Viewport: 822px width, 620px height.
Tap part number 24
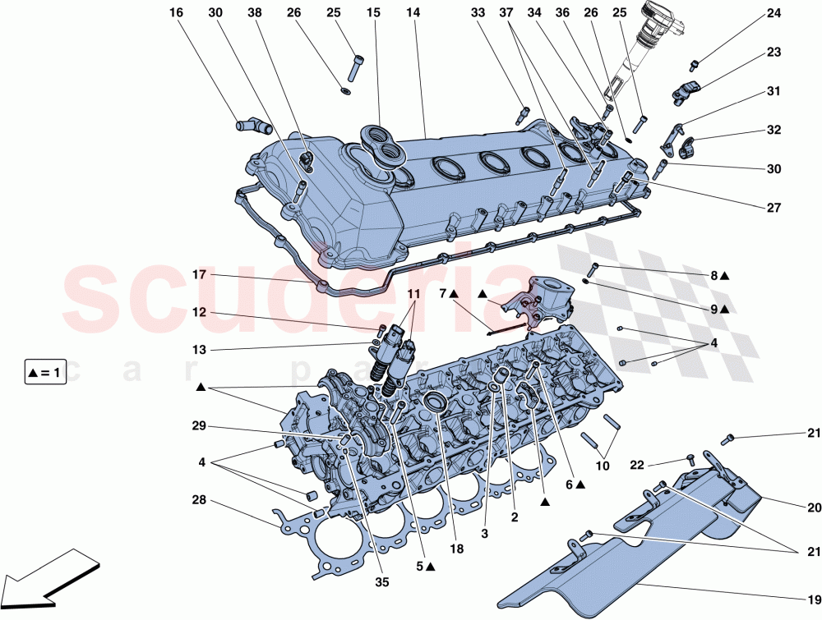pos(774,13)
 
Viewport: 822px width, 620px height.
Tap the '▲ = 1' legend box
pos(44,373)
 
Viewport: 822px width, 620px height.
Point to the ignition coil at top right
pos(661,33)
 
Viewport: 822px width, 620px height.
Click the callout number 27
pos(774,209)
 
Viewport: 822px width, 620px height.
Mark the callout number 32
pos(774,130)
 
